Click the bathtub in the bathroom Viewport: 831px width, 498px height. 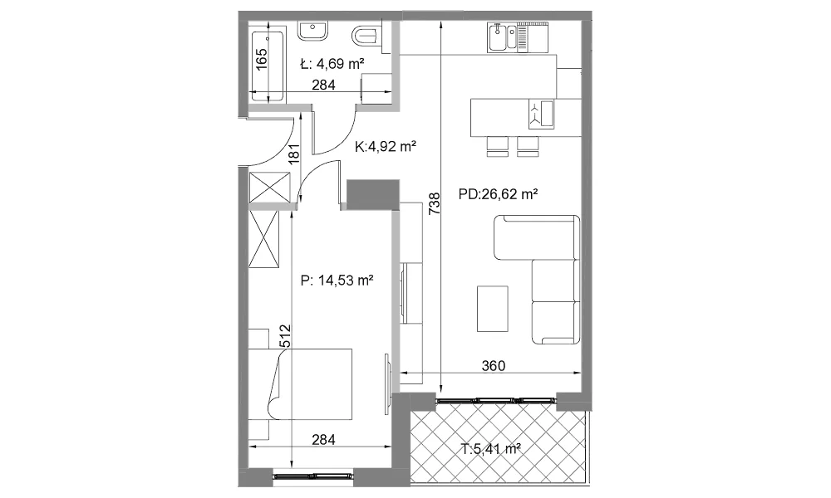click(x=268, y=66)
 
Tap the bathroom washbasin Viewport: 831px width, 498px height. click(x=312, y=31)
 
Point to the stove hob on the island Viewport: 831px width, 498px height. click(x=541, y=115)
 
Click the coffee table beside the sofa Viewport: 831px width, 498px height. click(x=492, y=309)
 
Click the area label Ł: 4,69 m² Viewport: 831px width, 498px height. click(x=332, y=65)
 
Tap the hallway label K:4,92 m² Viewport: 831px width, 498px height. click(x=386, y=146)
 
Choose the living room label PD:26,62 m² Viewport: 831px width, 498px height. click(x=498, y=194)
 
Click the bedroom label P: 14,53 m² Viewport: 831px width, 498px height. click(x=337, y=280)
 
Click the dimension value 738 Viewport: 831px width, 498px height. click(x=434, y=203)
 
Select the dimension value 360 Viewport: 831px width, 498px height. click(x=494, y=366)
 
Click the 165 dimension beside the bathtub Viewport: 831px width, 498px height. click(x=261, y=59)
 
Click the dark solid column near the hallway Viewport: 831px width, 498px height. click(x=373, y=193)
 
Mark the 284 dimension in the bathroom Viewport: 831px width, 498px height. click(x=323, y=85)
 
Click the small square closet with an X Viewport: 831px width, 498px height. click(x=270, y=188)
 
